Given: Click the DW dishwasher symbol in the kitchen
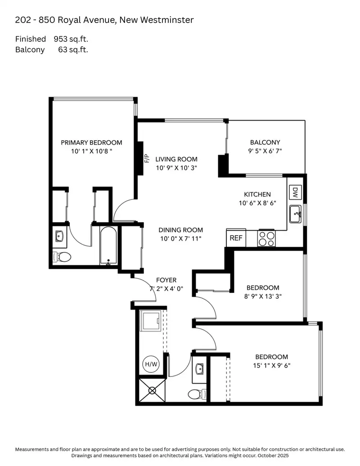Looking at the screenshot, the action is coord(295,192).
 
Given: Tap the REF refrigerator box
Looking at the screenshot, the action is coord(236,238).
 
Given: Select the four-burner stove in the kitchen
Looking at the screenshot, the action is coord(266,238).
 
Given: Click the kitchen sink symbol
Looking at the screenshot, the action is coord(296,214).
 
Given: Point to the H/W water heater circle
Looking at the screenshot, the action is coord(151,364).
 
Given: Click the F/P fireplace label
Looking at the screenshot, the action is coord(147,158).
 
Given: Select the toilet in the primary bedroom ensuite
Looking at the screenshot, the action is coord(62,256).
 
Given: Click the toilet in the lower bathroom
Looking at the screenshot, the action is coord(197,394).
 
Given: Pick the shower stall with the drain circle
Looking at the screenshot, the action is coord(152,390).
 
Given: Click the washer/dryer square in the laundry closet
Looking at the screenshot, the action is coord(150,321).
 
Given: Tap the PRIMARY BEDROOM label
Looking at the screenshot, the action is coord(91,143).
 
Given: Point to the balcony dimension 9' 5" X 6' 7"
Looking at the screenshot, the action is coord(265,151).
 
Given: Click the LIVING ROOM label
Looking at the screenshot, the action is coord(176,159).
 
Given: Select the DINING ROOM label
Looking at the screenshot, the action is coord(181,230).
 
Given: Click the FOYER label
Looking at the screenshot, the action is coord(166,280).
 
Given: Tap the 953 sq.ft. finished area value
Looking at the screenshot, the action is coord(71,39).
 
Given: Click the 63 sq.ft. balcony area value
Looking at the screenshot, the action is coord(73,49).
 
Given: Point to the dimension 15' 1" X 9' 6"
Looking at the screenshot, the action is coord(272,366).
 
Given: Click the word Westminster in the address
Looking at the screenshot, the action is coord(167,20).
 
